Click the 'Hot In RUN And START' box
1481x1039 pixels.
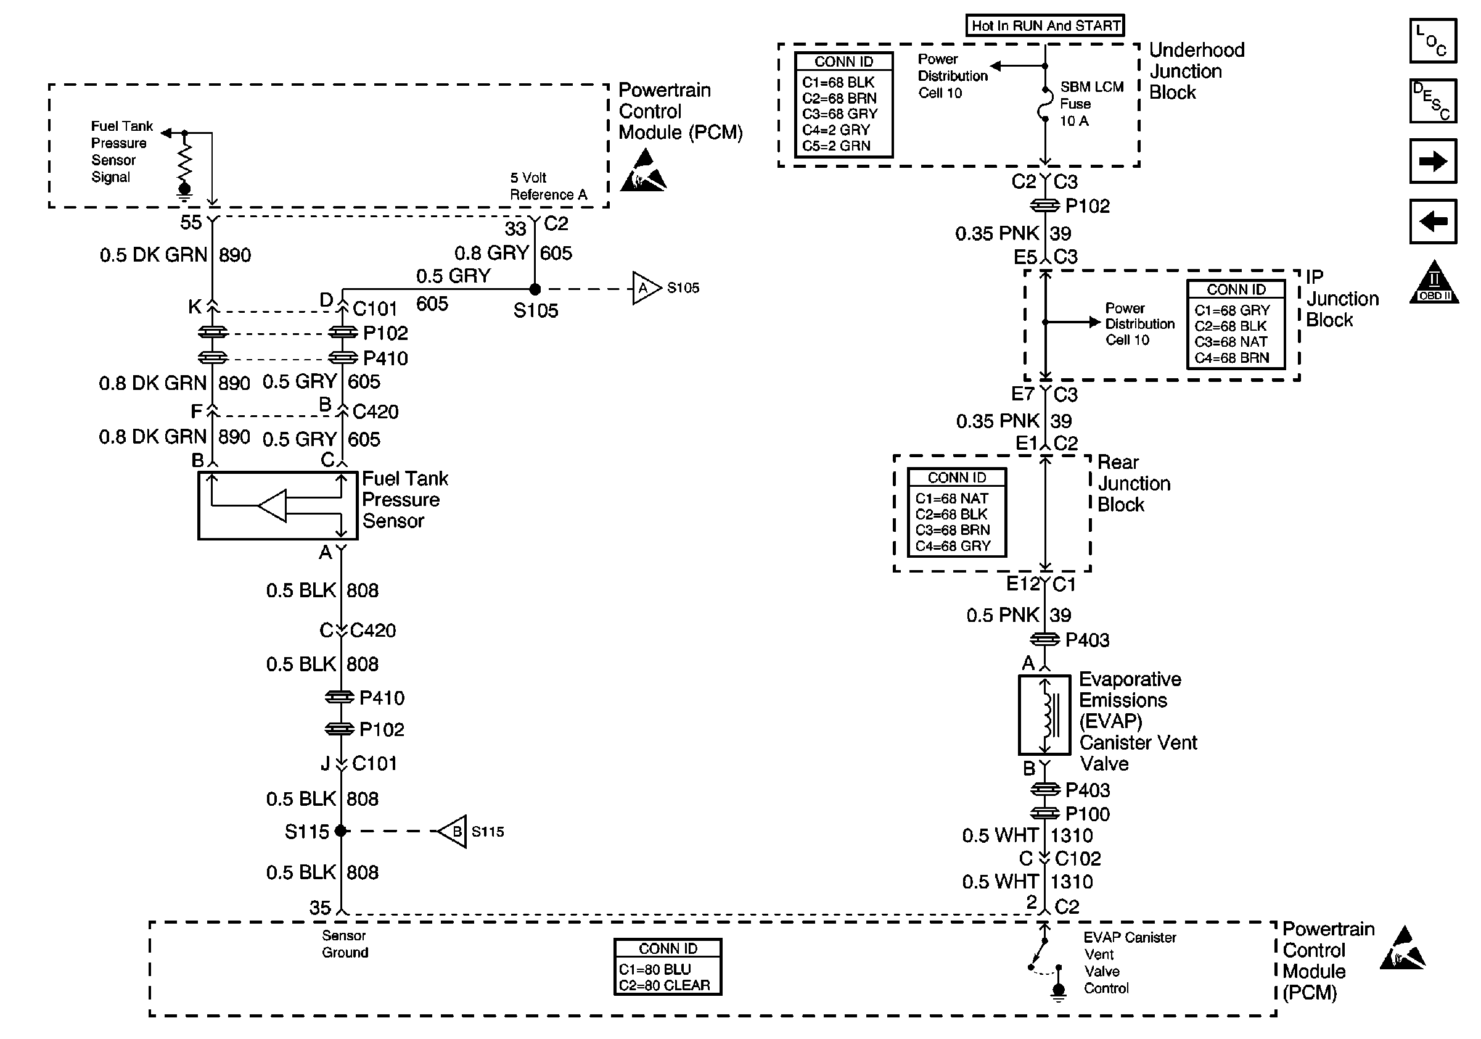pos(1045,26)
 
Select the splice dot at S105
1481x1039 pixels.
pos(535,289)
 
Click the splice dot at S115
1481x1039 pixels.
pos(340,831)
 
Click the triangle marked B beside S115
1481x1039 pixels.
pos(453,831)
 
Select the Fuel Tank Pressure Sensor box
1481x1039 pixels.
pos(277,505)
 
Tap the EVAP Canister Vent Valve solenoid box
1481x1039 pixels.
pos(1044,715)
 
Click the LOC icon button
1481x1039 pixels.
pos(1433,41)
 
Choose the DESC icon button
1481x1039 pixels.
pos(1433,101)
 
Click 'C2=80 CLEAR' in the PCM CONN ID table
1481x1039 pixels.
pos(665,985)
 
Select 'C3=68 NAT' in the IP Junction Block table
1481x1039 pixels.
pos(1231,342)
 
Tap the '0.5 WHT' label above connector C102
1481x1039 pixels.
pos(1000,836)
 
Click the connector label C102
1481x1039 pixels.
pos(1077,859)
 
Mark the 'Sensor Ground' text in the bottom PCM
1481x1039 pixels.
pos(345,944)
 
